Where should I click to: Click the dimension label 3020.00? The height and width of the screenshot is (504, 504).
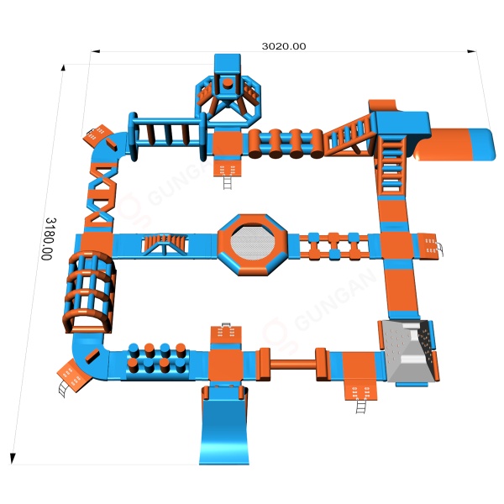click(x=284, y=46)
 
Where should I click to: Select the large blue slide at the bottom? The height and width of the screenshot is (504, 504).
click(x=224, y=425)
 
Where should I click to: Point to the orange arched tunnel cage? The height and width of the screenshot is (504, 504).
click(x=89, y=291)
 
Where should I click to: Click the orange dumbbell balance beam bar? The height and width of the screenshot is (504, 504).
click(x=292, y=365)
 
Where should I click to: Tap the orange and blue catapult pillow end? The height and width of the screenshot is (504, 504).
click(x=454, y=144)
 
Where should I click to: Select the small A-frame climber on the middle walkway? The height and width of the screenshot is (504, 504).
click(x=165, y=244)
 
